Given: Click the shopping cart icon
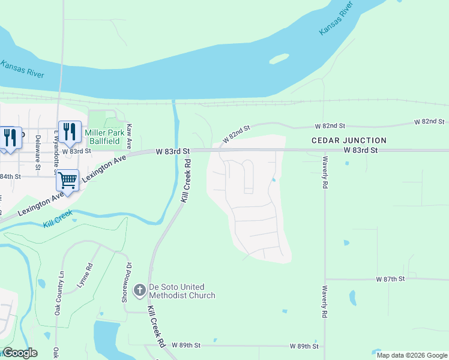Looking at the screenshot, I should click(x=68, y=179).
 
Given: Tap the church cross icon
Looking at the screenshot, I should click(x=139, y=291).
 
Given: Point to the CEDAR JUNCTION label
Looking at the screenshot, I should click(x=349, y=140).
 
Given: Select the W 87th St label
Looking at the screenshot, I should click(x=391, y=280).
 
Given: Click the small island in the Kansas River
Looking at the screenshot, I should click(x=279, y=59).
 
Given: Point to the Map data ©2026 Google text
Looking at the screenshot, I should click(x=412, y=355).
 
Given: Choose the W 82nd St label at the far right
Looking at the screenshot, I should click(x=430, y=122).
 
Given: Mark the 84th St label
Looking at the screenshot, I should click(x=10, y=176).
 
